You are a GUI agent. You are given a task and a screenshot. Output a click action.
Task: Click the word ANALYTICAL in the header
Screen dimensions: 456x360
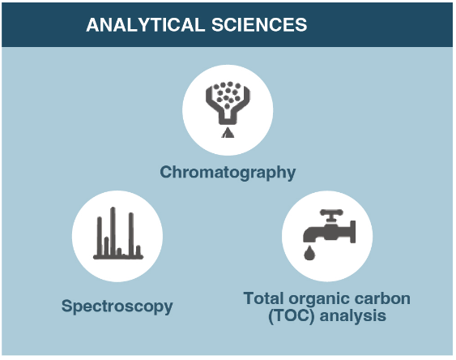tap(146, 24)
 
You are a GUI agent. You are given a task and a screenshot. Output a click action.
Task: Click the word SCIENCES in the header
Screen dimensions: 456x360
tap(259, 24)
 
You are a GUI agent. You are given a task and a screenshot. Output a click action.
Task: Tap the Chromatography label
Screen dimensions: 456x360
tap(228, 173)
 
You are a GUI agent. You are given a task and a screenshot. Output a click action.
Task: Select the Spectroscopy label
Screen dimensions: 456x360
tap(117, 306)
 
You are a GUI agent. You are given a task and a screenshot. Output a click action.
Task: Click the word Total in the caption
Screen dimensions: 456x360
tap(262, 298)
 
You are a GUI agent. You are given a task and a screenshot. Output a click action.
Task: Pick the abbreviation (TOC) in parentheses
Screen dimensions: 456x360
tap(291, 315)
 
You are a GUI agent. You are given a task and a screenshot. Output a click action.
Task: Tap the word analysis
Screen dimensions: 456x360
tap(353, 316)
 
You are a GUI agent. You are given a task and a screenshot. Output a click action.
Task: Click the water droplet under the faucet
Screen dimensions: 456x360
tap(309, 252)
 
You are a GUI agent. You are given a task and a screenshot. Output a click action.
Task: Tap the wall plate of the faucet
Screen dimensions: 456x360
tap(353, 232)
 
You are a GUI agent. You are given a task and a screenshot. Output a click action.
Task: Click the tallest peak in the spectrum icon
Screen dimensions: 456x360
tap(113, 231)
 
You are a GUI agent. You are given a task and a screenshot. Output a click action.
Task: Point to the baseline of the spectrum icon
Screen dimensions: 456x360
tap(118, 257)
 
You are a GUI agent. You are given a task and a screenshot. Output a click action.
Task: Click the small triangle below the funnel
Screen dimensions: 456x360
tap(228, 133)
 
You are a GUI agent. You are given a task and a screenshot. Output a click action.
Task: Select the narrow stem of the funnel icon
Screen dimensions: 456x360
tap(228, 118)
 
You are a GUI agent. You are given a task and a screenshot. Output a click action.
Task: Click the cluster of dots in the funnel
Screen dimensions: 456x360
tap(228, 94)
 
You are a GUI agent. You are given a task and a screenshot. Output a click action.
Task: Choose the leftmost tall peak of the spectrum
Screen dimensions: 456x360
tap(100, 236)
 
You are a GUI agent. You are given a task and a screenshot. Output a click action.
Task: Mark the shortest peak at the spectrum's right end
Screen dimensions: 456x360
tap(139, 251)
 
